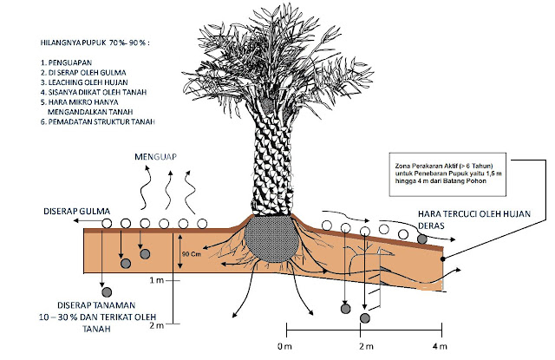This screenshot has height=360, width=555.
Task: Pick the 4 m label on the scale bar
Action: pos(439,346)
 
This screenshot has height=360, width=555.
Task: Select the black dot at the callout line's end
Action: pos(444,259)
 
